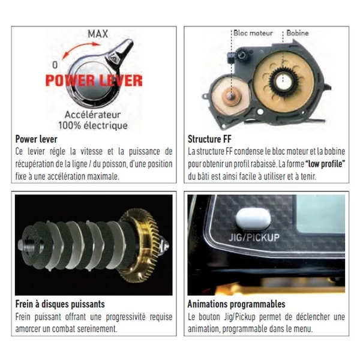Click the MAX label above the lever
coord(98,34)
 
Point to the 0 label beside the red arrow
coord(55,65)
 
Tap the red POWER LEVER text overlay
coord(94,80)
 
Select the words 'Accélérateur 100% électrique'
coord(93,120)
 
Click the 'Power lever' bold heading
coord(36,139)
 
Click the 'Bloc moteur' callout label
coord(253,33)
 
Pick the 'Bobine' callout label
coord(298,33)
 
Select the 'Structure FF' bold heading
coord(209,139)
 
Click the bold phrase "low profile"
coord(325,164)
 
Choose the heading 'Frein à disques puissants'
coord(60,304)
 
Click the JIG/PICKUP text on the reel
coord(254,237)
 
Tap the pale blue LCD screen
coord(320,214)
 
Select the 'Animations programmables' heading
coord(236,304)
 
